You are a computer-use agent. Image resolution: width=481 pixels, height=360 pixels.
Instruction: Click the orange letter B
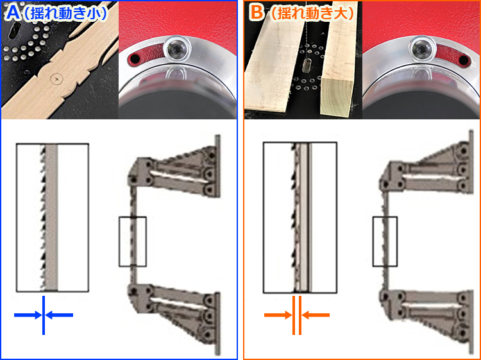coord(257,13)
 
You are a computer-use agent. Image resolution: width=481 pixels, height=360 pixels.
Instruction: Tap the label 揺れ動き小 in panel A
coord(66,13)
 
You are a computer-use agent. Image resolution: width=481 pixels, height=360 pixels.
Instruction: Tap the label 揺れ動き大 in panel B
coord(311,13)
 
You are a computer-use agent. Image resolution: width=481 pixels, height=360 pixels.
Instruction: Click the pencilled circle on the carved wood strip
coord(56,79)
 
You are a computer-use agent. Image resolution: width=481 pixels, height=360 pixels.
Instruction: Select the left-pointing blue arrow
coord(59,315)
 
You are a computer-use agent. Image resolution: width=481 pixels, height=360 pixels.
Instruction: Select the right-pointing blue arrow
coord(28,315)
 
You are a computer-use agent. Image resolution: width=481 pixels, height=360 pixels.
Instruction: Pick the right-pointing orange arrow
coord(278,315)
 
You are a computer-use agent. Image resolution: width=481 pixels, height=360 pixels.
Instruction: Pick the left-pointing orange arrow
coord(316,315)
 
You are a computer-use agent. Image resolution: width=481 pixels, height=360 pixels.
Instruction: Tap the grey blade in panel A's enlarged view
coord(51,218)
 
